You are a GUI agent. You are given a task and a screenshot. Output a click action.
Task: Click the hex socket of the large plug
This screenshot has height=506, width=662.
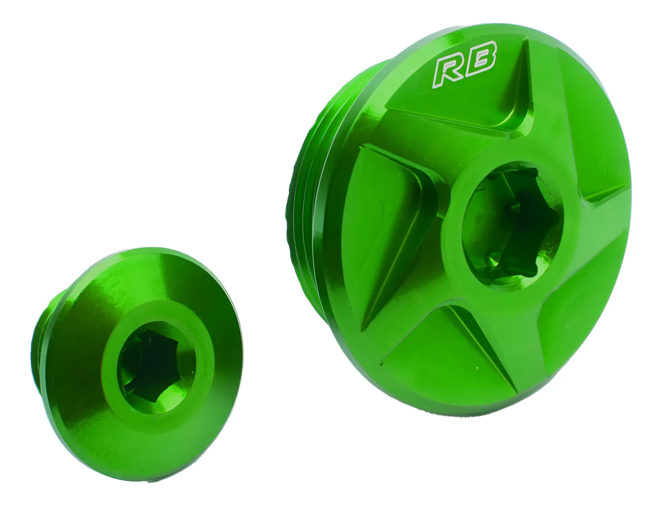(510, 226)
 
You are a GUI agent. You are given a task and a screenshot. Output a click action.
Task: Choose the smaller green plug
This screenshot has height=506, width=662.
(138, 364)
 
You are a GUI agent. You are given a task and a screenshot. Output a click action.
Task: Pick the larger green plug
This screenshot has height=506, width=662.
(474, 221)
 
